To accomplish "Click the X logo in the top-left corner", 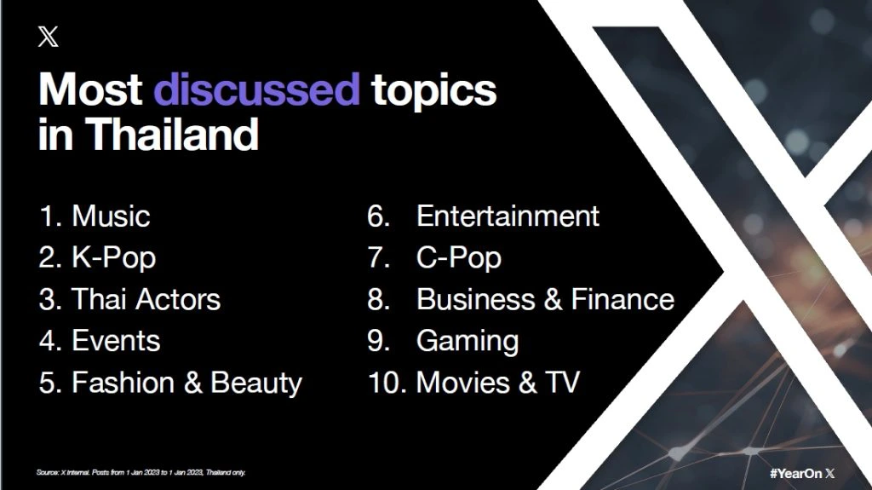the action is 49,37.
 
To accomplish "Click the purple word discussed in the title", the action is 257,89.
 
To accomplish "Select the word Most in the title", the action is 90,89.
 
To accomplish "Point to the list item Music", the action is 112,216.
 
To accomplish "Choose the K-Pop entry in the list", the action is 114,258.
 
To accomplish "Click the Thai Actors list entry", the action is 146,299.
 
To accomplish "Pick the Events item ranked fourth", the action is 116,341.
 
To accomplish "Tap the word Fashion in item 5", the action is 123,383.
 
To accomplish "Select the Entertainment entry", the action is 508,216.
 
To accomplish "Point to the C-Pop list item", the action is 459,258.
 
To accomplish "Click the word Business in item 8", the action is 475,299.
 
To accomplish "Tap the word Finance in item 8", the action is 622,299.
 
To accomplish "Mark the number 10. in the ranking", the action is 387,383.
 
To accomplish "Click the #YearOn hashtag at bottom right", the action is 796,473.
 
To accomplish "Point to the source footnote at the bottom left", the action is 141,472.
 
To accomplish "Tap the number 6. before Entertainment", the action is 379,216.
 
